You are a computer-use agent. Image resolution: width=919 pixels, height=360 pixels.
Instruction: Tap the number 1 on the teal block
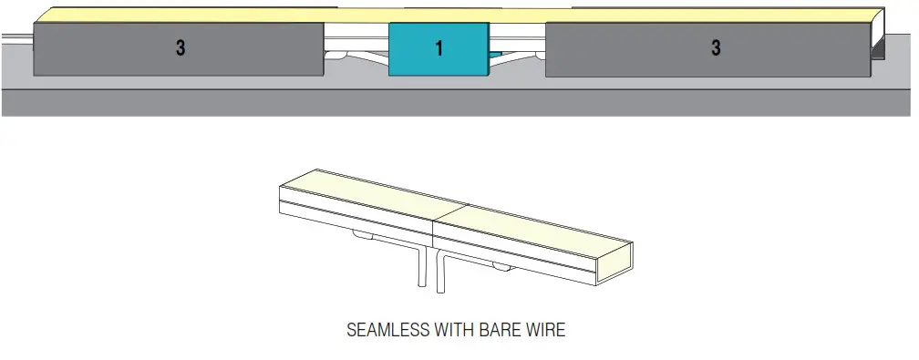[439, 48]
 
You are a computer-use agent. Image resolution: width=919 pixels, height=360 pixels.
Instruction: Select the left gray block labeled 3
[179, 48]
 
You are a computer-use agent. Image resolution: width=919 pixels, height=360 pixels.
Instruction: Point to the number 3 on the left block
[181, 48]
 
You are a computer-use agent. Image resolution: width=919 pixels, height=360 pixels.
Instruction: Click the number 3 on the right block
[716, 48]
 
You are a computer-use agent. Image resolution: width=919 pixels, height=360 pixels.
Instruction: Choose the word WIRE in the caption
[546, 330]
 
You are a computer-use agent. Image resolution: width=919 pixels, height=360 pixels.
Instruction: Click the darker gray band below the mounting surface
[456, 103]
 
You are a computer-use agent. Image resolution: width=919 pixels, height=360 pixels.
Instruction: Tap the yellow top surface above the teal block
[438, 15]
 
